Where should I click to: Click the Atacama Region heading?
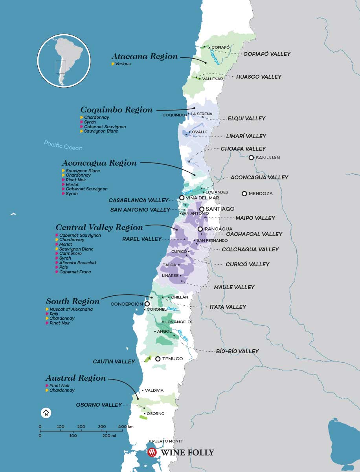coord(145,56)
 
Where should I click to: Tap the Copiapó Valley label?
coord(266,54)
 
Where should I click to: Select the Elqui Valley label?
coord(246,118)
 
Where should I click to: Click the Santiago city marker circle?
coord(202,209)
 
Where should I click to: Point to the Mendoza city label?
coord(261,194)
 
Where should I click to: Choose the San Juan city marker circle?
coord(251,158)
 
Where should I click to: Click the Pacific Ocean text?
coord(63,145)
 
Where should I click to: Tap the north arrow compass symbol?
coord(46,413)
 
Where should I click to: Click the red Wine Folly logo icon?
coord(152,453)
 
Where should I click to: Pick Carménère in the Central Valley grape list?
coord(71,254)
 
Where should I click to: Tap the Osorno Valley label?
coord(99,405)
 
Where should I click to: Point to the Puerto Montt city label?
coord(167,441)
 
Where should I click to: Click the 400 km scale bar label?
coord(126,427)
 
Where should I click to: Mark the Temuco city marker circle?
coord(158,359)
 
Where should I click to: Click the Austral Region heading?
coord(76,378)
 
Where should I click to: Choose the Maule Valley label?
coord(234,287)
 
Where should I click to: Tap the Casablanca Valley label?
coord(138,200)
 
